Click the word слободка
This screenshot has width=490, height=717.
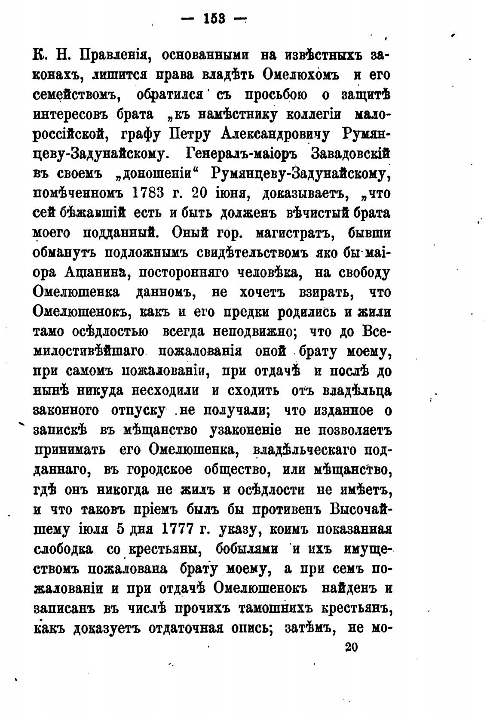[63, 549]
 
